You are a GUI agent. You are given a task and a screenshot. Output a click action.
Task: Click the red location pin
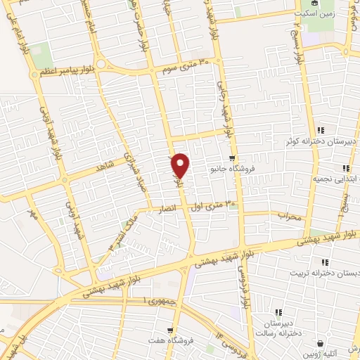[x=181, y=165]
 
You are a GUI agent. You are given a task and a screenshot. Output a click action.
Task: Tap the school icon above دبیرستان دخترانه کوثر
[x=321, y=129]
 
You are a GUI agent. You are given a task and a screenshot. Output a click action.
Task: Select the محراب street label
[x=289, y=215]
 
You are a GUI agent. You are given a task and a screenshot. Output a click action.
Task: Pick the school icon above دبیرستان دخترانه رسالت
[x=278, y=312]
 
